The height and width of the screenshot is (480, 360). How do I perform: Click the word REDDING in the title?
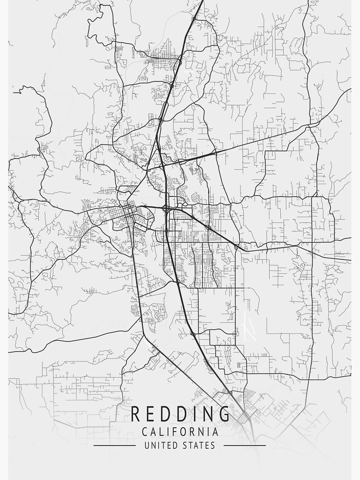(x=180, y=413)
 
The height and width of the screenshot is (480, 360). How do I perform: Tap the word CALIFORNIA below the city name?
(x=180, y=432)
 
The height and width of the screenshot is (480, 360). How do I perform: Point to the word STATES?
(x=198, y=445)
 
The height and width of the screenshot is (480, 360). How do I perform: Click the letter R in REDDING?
(x=136, y=413)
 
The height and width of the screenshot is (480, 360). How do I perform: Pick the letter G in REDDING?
(x=222, y=413)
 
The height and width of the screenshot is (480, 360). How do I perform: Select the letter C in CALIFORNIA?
(x=144, y=432)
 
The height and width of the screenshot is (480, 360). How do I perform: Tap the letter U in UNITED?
(x=147, y=445)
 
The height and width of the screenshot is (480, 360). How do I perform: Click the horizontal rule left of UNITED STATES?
(x=114, y=445)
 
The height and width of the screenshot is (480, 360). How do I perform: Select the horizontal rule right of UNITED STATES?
(x=245, y=445)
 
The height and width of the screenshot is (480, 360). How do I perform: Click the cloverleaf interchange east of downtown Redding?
(x=166, y=209)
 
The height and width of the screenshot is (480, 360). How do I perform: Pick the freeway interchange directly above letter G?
(x=230, y=393)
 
